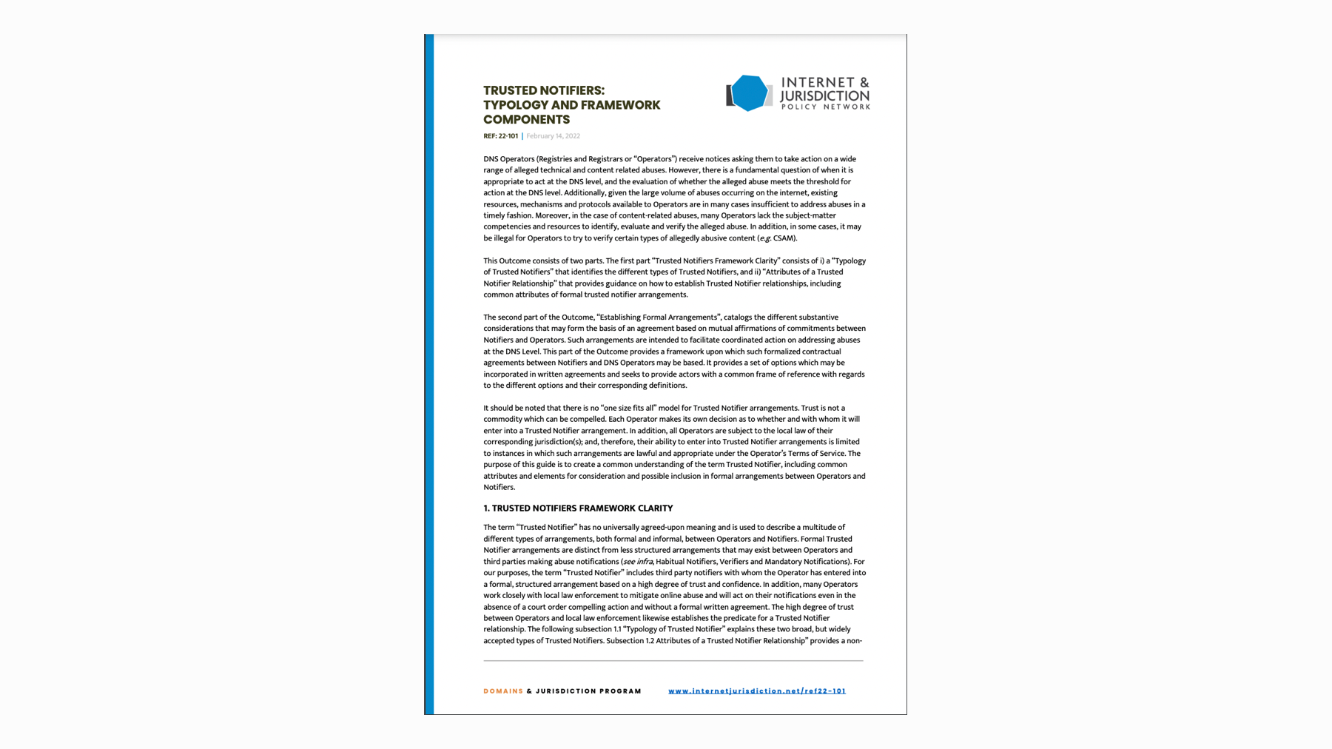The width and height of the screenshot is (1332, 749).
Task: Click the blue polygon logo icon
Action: (x=749, y=93)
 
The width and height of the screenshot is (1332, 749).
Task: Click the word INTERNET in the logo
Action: (x=815, y=83)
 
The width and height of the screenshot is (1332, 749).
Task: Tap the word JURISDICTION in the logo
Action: (x=824, y=96)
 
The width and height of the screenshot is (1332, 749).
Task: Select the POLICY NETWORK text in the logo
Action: (x=825, y=107)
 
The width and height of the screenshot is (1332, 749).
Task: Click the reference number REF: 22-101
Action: (x=501, y=136)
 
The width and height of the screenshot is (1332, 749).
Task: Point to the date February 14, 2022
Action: (x=553, y=136)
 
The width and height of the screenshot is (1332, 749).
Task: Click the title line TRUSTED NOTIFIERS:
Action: (x=544, y=90)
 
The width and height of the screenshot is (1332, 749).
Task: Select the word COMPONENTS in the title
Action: (x=526, y=120)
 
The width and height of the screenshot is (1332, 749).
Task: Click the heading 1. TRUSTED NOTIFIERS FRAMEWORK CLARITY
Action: (x=578, y=508)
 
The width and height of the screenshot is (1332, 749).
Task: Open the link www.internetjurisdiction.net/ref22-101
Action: (x=756, y=691)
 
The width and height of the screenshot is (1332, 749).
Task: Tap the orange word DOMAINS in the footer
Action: (x=503, y=691)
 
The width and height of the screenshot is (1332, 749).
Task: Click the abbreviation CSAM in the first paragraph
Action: (x=783, y=238)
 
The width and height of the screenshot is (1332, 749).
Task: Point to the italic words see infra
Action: (x=638, y=562)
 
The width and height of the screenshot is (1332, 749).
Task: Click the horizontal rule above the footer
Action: (x=673, y=660)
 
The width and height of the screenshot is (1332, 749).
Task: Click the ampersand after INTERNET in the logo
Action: (x=863, y=83)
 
